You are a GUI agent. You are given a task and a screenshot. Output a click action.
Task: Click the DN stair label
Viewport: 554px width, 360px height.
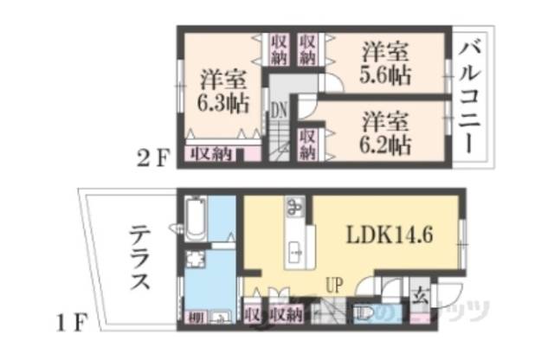(278, 111)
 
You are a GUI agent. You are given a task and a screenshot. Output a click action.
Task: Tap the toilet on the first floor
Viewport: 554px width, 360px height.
(364, 311)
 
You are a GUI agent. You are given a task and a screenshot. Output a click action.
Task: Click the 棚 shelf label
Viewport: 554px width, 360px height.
(196, 315)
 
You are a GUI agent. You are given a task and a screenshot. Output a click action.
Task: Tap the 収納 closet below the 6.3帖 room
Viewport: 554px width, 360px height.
(211, 154)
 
